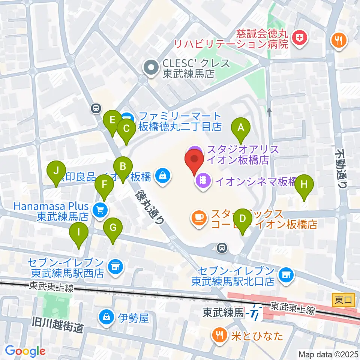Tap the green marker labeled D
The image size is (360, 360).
(243, 219)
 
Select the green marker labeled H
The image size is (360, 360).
(304, 184)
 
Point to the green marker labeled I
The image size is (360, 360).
(79, 232)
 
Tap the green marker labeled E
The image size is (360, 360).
(112, 120)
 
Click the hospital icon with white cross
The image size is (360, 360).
(300, 37)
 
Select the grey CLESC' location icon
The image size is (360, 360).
(152, 68)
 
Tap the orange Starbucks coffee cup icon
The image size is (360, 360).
(198, 217)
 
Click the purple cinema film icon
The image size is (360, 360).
(203, 181)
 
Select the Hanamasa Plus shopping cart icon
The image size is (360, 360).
(99, 209)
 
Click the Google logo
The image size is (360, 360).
(25, 351)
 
